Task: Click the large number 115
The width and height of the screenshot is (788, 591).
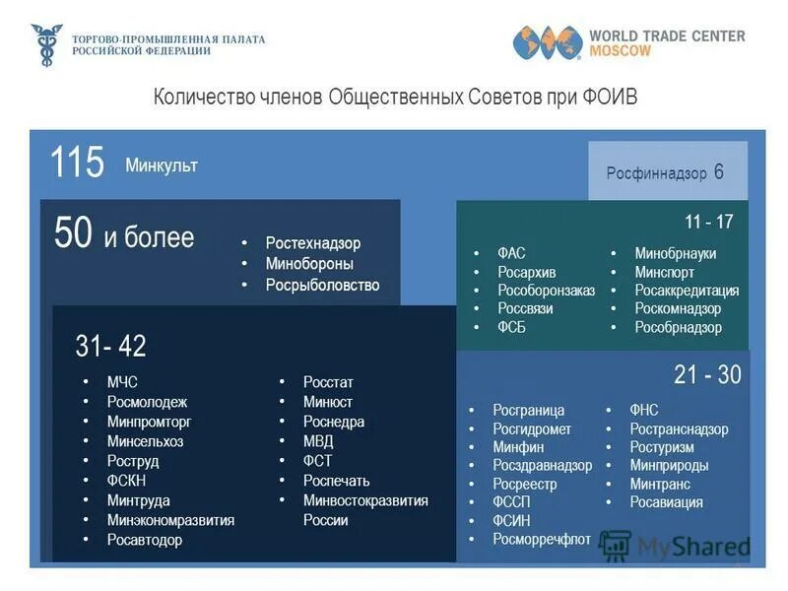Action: click(x=77, y=163)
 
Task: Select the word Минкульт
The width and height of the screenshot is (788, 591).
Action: click(x=162, y=165)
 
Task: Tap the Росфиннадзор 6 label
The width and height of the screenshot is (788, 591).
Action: click(x=665, y=172)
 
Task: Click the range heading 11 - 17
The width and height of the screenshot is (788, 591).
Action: click(x=709, y=222)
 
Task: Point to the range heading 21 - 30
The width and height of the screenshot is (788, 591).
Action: click(x=707, y=375)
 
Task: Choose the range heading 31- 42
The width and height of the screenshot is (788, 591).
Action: click(x=110, y=346)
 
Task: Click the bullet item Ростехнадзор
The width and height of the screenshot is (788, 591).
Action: click(x=312, y=243)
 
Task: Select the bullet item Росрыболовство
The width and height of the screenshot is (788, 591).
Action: click(x=322, y=286)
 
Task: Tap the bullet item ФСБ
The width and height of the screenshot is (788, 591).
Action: click(x=512, y=327)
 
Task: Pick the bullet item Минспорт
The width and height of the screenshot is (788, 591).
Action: click(x=664, y=272)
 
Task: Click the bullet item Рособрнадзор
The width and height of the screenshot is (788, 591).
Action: click(x=678, y=327)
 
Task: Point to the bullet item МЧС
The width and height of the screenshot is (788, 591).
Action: click(x=123, y=382)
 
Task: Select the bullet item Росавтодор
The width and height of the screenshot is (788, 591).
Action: click(x=145, y=540)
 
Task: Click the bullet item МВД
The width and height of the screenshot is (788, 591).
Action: click(x=318, y=441)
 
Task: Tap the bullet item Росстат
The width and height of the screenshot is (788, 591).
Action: click(x=328, y=382)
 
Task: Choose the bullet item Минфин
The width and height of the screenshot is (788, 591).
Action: click(x=518, y=447)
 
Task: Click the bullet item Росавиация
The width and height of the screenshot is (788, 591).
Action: click(x=666, y=502)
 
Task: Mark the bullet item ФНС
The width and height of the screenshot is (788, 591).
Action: click(x=644, y=410)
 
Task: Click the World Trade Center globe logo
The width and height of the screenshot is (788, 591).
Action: click(x=545, y=42)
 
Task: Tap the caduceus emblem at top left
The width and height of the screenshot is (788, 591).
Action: click(x=45, y=45)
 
